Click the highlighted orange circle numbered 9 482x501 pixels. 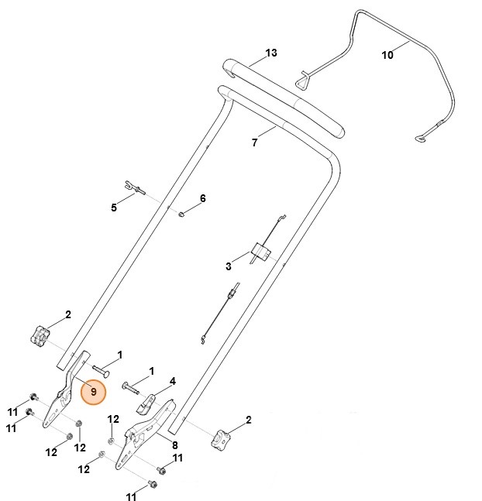[x=93, y=391]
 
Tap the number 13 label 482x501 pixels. [x=271, y=53]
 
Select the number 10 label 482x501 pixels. [x=387, y=55]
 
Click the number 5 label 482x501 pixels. [x=114, y=208]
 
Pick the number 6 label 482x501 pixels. [x=203, y=199]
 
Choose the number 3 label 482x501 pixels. [x=229, y=266]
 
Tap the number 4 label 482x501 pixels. [x=173, y=381]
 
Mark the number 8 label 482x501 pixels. [x=174, y=445]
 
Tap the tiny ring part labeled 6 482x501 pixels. [x=181, y=214]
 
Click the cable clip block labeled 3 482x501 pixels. [x=260, y=251]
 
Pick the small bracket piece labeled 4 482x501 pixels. [x=147, y=402]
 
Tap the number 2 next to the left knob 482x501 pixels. [x=68, y=314]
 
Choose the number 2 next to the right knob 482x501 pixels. [x=249, y=420]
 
